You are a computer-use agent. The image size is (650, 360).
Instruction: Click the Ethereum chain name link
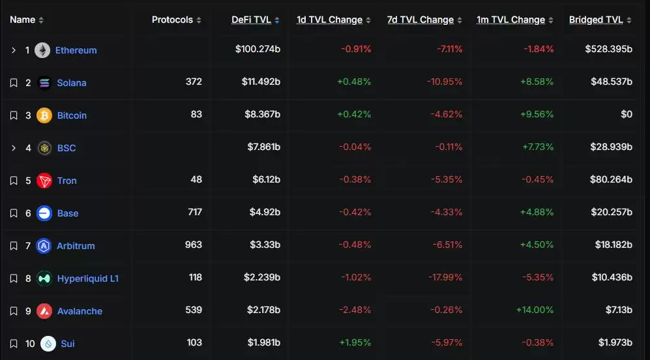click(x=76, y=50)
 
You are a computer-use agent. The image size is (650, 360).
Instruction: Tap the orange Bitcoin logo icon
click(x=44, y=115)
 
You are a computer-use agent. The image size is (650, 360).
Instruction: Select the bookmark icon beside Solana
click(x=14, y=83)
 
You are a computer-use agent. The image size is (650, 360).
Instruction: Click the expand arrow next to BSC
click(x=14, y=148)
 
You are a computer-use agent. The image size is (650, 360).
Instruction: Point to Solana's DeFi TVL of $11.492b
click(x=258, y=83)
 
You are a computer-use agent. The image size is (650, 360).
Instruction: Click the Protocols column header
click(x=173, y=20)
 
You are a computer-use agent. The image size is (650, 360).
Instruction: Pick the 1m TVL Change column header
click(x=511, y=20)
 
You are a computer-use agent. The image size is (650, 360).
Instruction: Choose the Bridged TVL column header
click(x=596, y=20)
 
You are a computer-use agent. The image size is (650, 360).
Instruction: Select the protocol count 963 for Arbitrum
click(x=194, y=246)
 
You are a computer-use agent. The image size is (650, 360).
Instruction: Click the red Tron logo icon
click(x=44, y=181)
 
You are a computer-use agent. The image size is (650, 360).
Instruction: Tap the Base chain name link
click(x=68, y=213)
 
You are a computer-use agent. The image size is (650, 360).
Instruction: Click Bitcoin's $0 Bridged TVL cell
click(x=626, y=115)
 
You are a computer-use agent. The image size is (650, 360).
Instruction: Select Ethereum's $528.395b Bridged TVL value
click(x=608, y=50)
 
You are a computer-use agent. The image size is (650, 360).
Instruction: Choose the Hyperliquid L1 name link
click(x=87, y=278)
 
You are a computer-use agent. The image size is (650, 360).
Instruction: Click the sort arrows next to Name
click(x=41, y=20)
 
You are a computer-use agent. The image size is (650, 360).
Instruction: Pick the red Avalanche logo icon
click(x=44, y=311)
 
